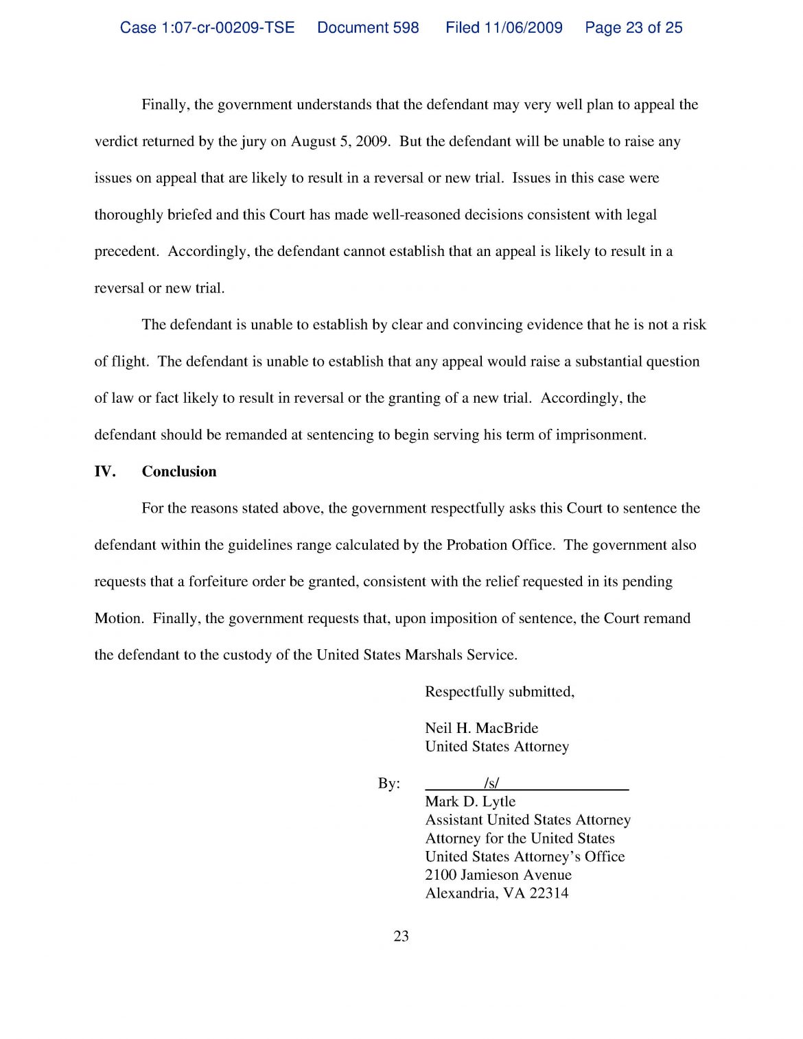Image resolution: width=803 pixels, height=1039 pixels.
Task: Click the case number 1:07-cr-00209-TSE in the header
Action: pyautogui.click(x=207, y=27)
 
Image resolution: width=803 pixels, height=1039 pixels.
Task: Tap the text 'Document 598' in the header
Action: pyautogui.click(x=368, y=27)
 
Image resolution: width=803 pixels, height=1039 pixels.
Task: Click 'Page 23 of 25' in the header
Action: pyautogui.click(x=633, y=27)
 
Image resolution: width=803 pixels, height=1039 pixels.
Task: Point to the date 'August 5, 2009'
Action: pyautogui.click(x=340, y=142)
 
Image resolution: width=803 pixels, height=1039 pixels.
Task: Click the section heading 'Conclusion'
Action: pyautogui.click(x=178, y=471)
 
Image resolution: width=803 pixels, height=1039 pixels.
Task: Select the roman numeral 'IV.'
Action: pyautogui.click(x=104, y=471)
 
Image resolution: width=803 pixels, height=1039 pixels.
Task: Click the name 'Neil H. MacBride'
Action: pyautogui.click(x=481, y=728)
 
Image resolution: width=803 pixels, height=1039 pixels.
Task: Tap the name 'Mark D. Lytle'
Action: pyautogui.click(x=470, y=802)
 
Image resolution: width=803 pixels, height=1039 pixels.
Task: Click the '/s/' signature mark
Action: pyautogui.click(x=491, y=783)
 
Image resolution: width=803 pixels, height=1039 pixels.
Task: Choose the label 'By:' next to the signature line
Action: pyautogui.click(x=388, y=784)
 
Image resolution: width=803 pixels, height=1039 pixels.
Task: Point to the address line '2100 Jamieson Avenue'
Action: pyautogui.click(x=498, y=875)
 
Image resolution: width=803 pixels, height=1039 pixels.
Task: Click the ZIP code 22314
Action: pyautogui.click(x=549, y=894)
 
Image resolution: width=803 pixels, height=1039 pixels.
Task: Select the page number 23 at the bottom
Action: pyautogui.click(x=401, y=936)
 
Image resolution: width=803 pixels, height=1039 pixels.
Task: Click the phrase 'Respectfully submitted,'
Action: pyautogui.click(x=500, y=692)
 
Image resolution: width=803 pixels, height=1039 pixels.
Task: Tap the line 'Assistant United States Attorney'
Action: pyautogui.click(x=528, y=820)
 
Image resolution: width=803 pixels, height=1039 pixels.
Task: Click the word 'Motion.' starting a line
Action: pyautogui.click(x=119, y=618)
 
